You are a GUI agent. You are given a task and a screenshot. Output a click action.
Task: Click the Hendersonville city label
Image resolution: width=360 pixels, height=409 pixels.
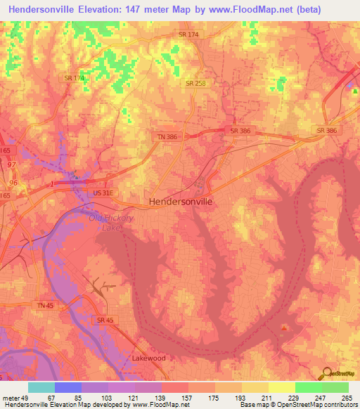coord(181,201)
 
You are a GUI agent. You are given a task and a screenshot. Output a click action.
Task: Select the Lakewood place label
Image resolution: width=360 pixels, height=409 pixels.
coord(148,358)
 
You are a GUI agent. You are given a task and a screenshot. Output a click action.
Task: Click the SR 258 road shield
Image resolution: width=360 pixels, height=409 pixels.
coord(195,84)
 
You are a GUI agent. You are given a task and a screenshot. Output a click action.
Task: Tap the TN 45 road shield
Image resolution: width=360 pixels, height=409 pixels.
coord(46,304)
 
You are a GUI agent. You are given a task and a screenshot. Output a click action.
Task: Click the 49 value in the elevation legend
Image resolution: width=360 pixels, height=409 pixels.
coord(27,398)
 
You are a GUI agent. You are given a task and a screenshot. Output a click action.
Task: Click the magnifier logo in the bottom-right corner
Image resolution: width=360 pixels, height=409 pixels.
coord(326,375)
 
